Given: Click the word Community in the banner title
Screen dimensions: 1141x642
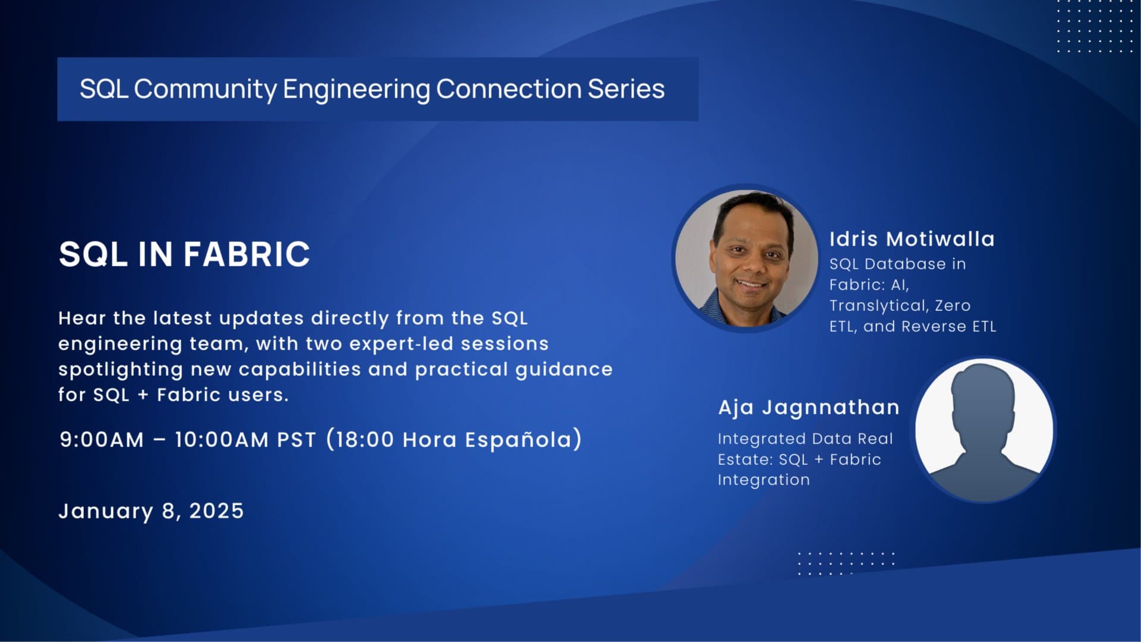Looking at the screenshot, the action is coord(205,90).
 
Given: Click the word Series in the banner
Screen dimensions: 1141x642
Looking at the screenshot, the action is coord(626,89).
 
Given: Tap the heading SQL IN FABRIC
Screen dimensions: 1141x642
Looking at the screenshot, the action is coord(184,254).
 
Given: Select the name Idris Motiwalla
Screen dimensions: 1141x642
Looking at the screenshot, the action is coord(912,239).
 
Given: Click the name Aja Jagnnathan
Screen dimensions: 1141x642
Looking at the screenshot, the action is coord(808,408).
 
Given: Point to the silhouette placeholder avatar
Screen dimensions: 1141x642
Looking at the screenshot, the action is coord(984,430).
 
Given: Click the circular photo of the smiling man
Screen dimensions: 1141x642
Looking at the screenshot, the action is coord(746,258).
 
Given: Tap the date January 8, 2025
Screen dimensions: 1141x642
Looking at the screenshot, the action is coord(151,511).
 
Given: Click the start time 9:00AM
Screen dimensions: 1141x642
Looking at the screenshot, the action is coord(102,440).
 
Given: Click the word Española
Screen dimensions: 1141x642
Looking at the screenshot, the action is coord(518,440).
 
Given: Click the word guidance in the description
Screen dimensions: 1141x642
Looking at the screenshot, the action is coord(564,370).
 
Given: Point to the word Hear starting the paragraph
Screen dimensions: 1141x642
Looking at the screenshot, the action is coord(82,319).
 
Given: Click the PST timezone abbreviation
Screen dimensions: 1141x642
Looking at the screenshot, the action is coord(297,440).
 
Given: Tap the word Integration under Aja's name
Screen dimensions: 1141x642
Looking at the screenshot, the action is coord(764,480).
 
